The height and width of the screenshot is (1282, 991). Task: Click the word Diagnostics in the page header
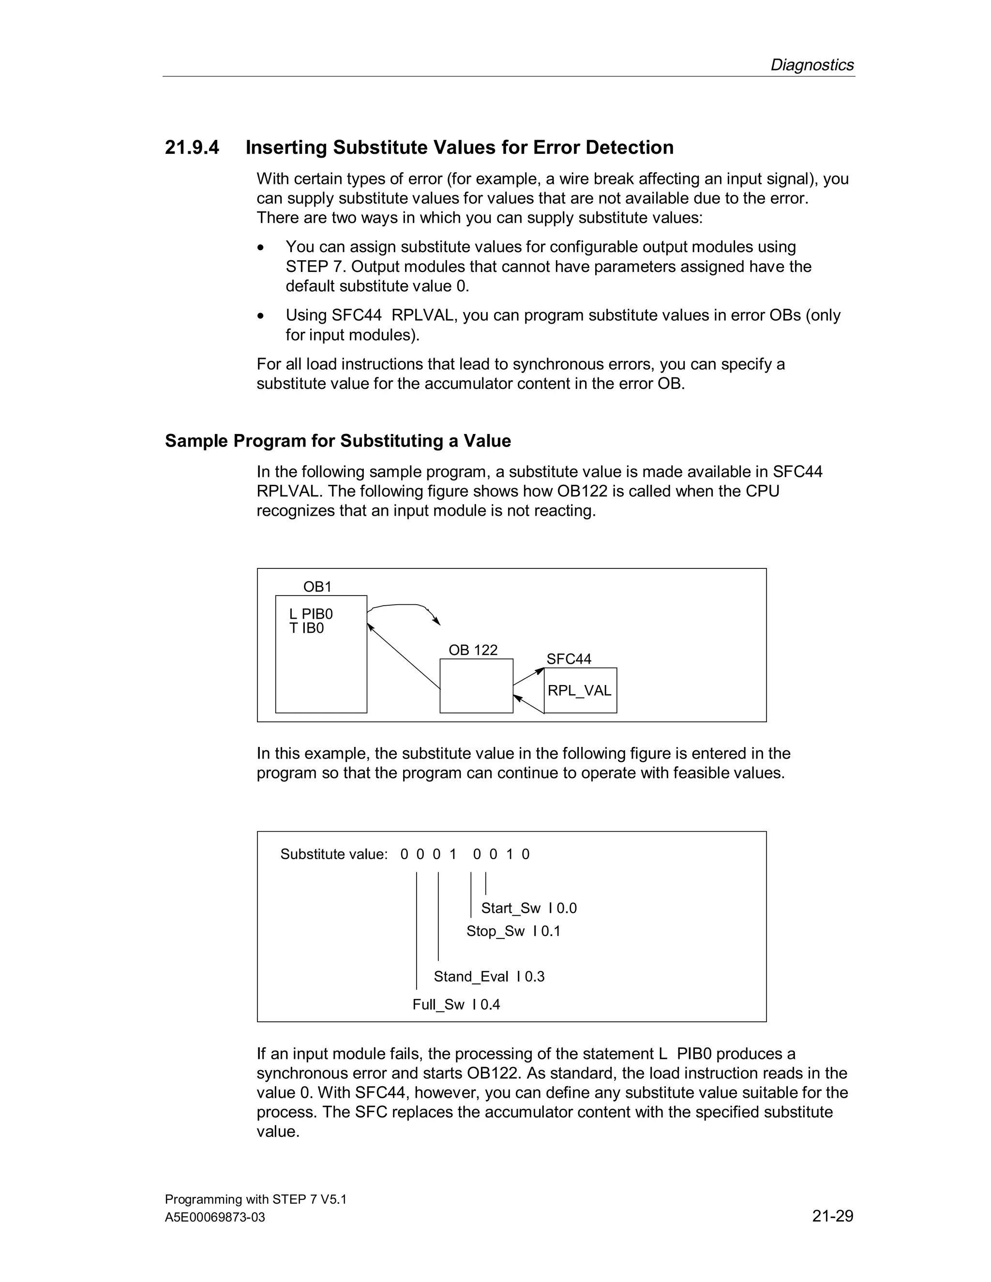pos(811,64)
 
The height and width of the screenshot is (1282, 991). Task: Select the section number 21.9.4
pos(192,148)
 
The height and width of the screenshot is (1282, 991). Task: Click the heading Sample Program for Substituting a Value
pos(338,441)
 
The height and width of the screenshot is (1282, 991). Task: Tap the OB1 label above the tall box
pos(317,586)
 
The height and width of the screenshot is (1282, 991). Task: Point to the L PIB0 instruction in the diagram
pos(311,614)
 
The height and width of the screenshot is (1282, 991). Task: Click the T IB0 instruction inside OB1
pos(306,629)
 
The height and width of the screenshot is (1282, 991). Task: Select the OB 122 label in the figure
pos(473,650)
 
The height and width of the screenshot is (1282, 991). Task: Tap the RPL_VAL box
pos(579,691)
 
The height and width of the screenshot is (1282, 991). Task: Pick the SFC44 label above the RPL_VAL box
pos(568,659)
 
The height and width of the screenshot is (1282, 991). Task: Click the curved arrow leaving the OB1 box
pos(405,605)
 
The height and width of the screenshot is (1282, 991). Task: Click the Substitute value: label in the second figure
pos(333,854)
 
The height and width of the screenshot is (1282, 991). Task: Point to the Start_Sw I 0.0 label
pos(528,908)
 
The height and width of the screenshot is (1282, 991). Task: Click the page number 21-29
pos(832,1216)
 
